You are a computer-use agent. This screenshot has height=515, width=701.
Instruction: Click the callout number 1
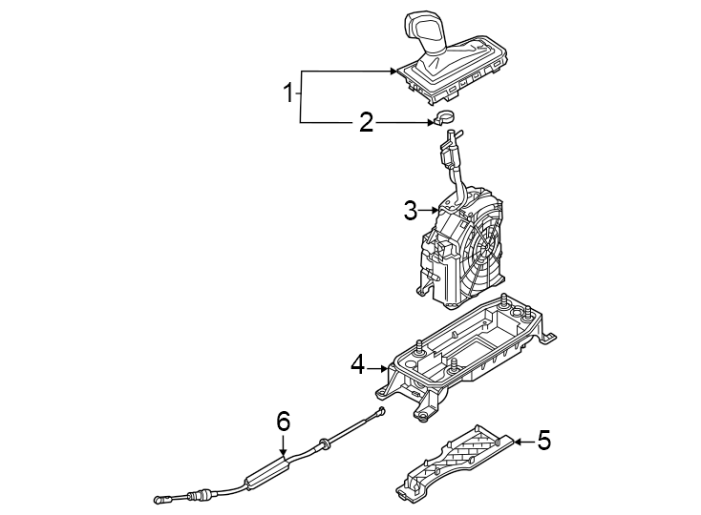click(287, 93)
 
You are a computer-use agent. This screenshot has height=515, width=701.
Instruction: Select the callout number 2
click(366, 122)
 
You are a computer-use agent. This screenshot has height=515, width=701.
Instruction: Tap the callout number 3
click(410, 211)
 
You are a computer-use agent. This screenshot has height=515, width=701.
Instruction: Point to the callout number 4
click(357, 364)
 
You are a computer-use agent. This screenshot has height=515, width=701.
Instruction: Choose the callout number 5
click(543, 440)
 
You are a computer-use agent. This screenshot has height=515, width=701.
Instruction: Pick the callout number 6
click(283, 420)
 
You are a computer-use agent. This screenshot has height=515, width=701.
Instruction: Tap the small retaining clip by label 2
click(443, 119)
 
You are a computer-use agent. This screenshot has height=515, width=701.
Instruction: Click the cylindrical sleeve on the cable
click(265, 472)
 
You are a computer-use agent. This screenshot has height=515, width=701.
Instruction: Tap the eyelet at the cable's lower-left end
click(159, 497)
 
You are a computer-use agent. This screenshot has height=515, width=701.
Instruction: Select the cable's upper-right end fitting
click(380, 412)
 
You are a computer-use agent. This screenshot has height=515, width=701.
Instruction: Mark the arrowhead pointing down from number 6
click(283, 450)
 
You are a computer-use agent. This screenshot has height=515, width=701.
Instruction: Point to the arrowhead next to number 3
click(435, 211)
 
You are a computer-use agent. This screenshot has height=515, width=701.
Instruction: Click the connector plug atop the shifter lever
click(447, 148)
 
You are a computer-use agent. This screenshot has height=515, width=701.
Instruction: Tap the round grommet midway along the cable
click(327, 442)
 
